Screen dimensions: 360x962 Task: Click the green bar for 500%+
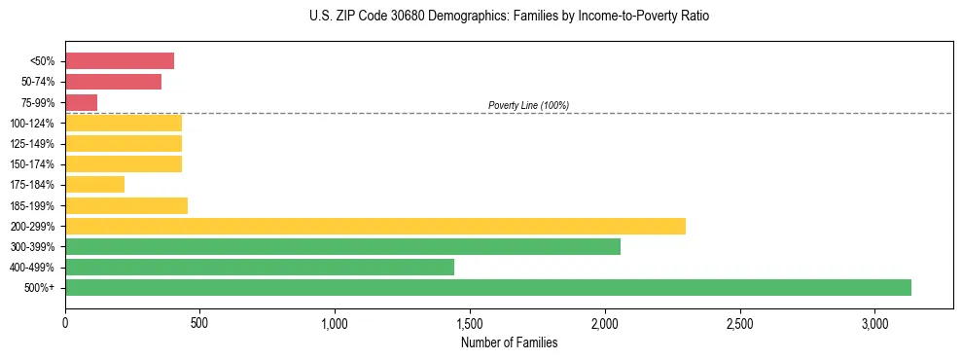click(x=487, y=287)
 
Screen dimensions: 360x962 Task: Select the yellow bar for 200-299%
click(x=374, y=226)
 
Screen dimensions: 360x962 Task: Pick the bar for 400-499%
click(x=259, y=267)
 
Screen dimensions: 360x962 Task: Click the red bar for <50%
click(x=120, y=61)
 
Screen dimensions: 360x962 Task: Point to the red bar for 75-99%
click(x=82, y=102)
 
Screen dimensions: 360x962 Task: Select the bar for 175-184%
click(x=94, y=184)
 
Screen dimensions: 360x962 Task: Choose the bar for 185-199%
click(x=126, y=205)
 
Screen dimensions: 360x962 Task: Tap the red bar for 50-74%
click(x=113, y=82)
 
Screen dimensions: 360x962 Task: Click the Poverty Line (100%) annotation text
click(x=528, y=105)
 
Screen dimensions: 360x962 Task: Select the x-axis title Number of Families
click(x=509, y=342)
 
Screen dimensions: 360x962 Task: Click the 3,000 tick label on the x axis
click(x=874, y=322)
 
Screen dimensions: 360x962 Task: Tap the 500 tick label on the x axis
click(x=199, y=322)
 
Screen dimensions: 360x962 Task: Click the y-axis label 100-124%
click(x=32, y=124)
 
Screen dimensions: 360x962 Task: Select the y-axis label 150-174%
click(x=32, y=164)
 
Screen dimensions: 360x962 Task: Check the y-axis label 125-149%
click(x=32, y=144)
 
